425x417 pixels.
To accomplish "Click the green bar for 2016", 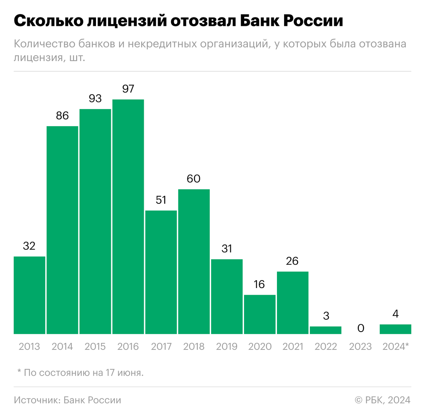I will pos(128,216).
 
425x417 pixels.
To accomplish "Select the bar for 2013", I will pos(29,295).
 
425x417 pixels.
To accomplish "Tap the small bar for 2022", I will pos(325,330).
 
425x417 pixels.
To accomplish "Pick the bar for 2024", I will pos(395,329).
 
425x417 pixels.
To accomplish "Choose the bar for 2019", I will pos(227,296).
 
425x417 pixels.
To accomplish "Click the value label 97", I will pos(128,89).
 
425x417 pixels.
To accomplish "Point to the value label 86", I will pos(62,115).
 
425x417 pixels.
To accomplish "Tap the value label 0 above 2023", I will pos(361,328).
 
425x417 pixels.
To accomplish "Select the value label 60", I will pos(194,179).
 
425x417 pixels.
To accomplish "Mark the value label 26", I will pos(293,261).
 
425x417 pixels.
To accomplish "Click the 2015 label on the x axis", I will pos(95,346).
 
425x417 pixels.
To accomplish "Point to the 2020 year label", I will pos(260,346).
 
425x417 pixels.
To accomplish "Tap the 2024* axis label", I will pos(396,346).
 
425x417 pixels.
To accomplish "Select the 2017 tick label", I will pos(161,346).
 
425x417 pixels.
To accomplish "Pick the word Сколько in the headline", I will pos(45,21).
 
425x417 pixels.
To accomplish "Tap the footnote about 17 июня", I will pos(80,373).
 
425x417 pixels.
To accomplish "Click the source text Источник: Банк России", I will pos(68,400).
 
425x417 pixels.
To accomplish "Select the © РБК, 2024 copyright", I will pos(382,400).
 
